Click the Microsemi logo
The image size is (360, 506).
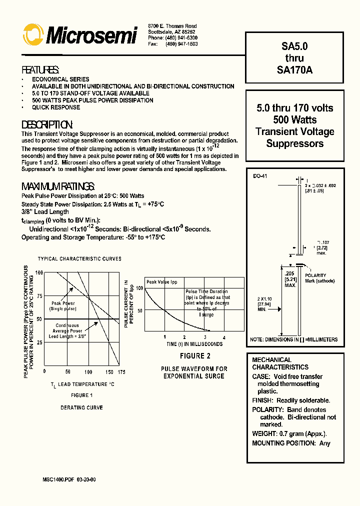[x=80, y=35]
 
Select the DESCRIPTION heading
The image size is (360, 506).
[x=47, y=124]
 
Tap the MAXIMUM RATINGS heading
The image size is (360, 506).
[x=58, y=186]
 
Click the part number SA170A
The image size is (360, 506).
[x=294, y=70]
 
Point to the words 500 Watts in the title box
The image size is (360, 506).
[x=294, y=120]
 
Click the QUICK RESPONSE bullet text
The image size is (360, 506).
[x=56, y=107]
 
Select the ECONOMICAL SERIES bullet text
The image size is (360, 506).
[x=60, y=79]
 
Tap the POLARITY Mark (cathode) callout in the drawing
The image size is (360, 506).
[x=319, y=278]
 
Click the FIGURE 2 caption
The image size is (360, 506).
[x=195, y=356]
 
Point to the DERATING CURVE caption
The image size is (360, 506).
[x=81, y=407]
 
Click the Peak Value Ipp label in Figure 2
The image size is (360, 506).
[x=162, y=282]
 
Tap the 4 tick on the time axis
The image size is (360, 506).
[x=224, y=337]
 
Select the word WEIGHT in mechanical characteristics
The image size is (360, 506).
[x=264, y=433]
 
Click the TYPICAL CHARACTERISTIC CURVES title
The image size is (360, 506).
[x=79, y=259]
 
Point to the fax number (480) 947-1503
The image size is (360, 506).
[x=182, y=44]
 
